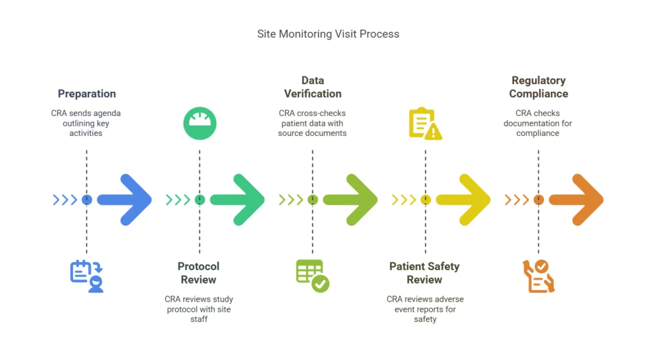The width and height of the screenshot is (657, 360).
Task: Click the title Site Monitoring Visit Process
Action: coord(328,34)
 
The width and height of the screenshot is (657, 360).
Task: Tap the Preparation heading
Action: coord(87,94)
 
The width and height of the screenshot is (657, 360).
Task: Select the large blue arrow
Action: coord(124,200)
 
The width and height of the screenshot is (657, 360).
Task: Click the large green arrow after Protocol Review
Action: coord(237,200)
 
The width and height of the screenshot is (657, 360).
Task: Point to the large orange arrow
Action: coord(576,200)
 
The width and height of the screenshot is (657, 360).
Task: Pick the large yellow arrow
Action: coord(463,200)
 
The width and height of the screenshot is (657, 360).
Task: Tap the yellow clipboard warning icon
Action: coord(425,124)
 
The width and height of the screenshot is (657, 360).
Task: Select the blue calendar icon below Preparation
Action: coord(87,276)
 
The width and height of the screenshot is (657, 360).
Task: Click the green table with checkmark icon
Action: coord(312,276)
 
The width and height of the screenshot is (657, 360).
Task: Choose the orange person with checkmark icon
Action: coord(538,276)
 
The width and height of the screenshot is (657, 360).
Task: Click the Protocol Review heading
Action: coord(199,273)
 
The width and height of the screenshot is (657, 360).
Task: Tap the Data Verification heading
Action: coord(312,87)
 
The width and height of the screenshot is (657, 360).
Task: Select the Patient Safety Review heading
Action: coord(425,273)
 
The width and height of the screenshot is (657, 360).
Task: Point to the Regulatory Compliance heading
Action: coord(538,87)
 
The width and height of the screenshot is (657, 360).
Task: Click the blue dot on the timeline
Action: coord(87,200)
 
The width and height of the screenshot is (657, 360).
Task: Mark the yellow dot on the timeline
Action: coord(425,200)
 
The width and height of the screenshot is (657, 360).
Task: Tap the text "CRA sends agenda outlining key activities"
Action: coord(86,123)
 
